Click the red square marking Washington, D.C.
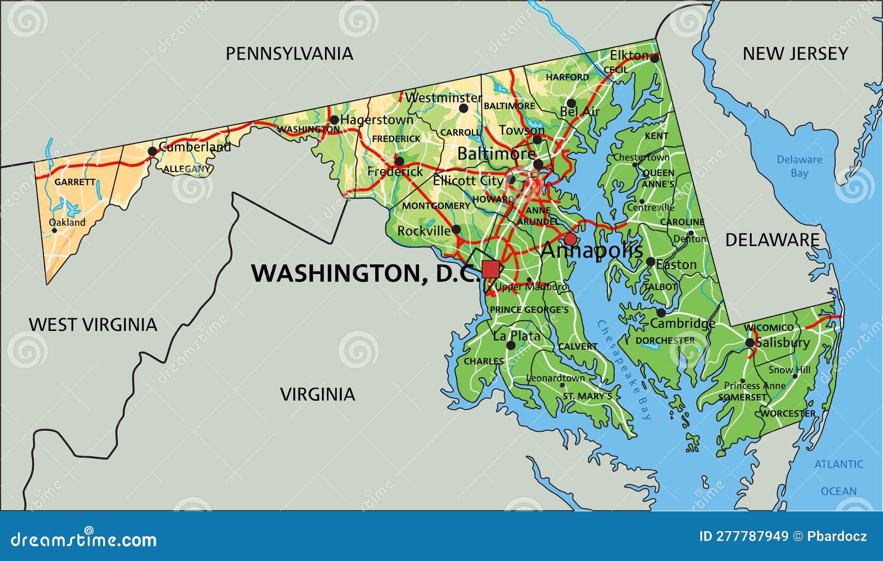[x=490, y=269]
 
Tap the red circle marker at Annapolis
[x=570, y=239]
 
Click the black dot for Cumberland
[x=152, y=151]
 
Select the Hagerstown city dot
[x=334, y=120]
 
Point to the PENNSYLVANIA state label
[x=289, y=54]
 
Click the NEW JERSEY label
[x=795, y=54]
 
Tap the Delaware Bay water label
[x=799, y=166]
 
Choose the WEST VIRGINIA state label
[x=93, y=324]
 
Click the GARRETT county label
[x=75, y=182]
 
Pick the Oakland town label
[x=68, y=222]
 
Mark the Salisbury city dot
[x=749, y=343]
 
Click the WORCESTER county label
[x=788, y=413]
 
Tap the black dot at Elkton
[x=655, y=57]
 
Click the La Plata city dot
[x=510, y=345]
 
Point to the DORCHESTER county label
[x=665, y=340]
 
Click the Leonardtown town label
[x=555, y=378]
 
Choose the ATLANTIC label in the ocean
[x=838, y=464]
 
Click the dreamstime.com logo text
[x=84, y=539]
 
